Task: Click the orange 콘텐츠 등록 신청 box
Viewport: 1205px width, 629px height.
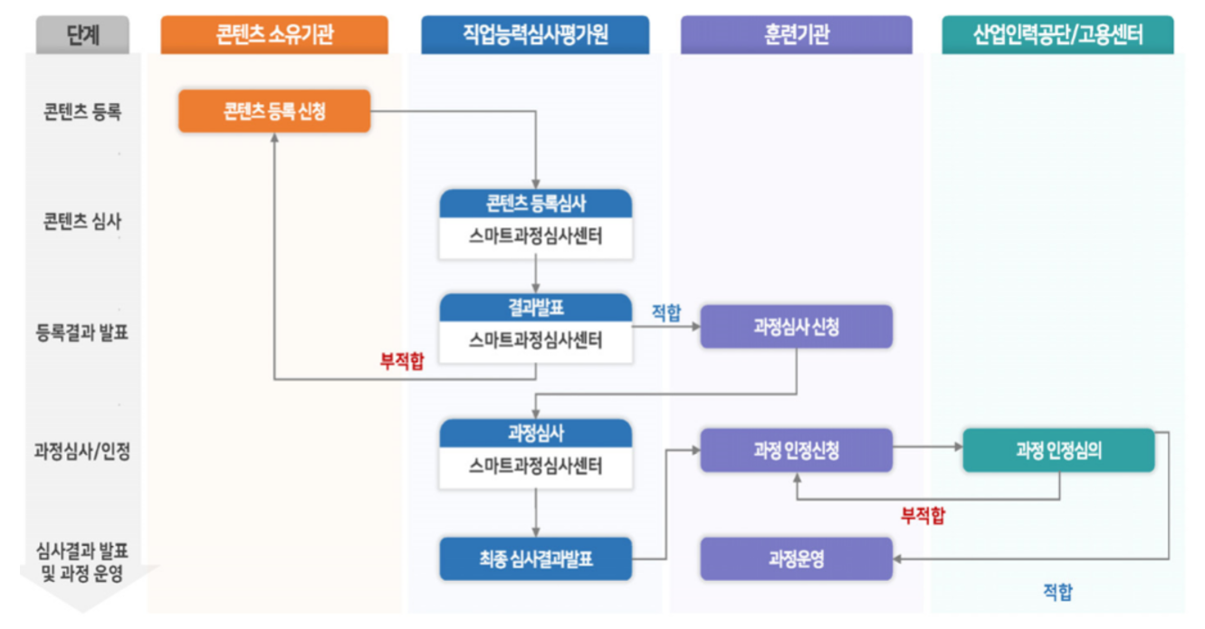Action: [x=273, y=111]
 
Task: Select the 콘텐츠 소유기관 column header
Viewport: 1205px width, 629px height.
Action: [x=273, y=35]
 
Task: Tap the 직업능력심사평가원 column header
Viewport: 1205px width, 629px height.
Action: [x=534, y=35]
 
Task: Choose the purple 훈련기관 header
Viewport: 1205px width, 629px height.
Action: [x=796, y=35]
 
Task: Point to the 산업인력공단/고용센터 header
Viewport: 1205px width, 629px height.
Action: [x=1057, y=35]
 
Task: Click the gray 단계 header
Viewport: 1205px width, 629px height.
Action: [x=82, y=35]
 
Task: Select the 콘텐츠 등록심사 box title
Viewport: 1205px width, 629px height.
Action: [x=535, y=204]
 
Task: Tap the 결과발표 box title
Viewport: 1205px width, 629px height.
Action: [x=535, y=308]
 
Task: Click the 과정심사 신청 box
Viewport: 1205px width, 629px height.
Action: [x=796, y=327]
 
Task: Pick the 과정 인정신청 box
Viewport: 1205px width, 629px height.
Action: [x=796, y=450]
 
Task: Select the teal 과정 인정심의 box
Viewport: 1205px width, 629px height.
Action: [x=1057, y=450]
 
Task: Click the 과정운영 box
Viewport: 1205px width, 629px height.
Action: [x=796, y=559]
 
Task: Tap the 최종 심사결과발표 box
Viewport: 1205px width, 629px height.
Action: [x=535, y=559]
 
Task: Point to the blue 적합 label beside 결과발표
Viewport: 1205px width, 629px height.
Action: [x=666, y=313]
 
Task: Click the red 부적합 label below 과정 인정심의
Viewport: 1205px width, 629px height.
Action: [x=923, y=516]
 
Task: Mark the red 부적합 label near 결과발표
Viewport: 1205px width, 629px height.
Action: [x=401, y=364]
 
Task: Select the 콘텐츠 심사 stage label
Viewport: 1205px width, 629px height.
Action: [x=82, y=222]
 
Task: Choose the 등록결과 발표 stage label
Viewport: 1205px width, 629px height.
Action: [x=82, y=333]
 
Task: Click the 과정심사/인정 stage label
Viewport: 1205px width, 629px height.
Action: [x=82, y=450]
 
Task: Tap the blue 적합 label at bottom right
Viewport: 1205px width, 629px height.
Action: [x=1057, y=593]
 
